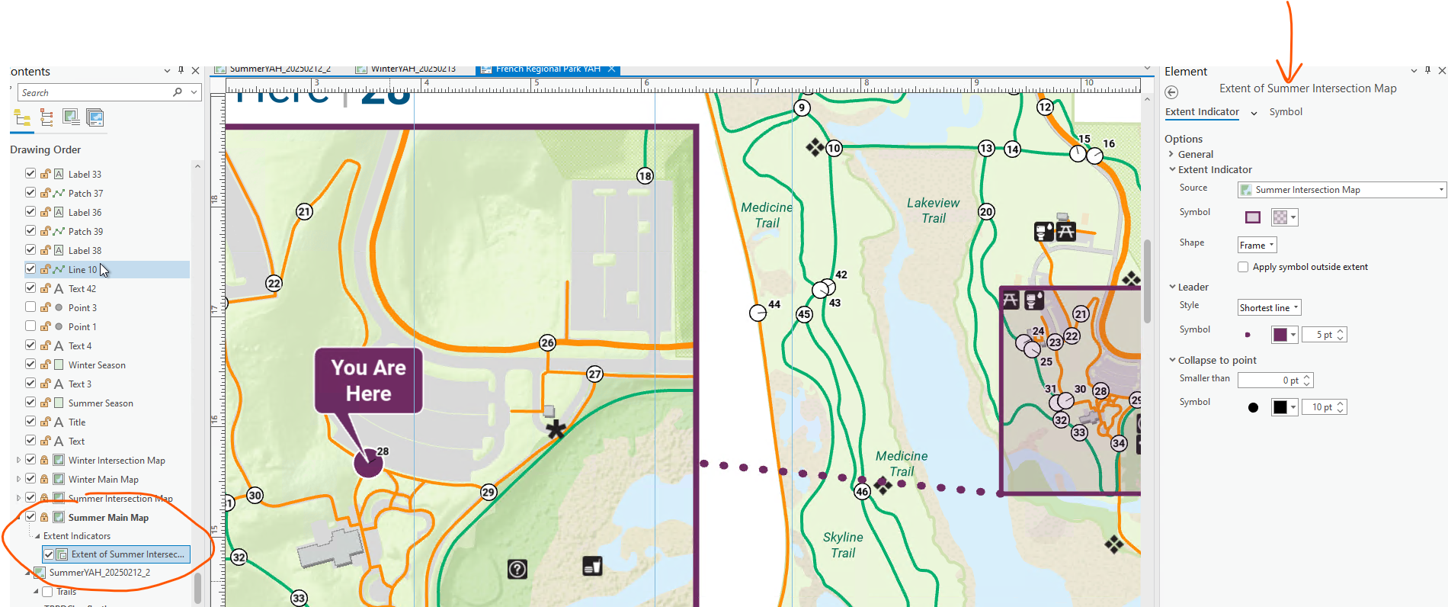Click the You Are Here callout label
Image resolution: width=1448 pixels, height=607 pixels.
tap(369, 381)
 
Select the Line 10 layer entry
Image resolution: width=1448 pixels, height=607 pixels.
tap(82, 270)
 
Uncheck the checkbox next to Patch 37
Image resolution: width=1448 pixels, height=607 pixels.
tap(30, 193)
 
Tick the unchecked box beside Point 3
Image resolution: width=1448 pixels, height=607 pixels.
tap(30, 307)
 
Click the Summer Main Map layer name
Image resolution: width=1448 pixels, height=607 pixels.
tap(108, 518)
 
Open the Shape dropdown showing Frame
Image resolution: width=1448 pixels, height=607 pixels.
tap(1257, 246)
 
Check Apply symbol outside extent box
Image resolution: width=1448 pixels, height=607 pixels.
tap(1243, 267)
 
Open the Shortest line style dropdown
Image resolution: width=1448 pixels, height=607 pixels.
tap(1269, 308)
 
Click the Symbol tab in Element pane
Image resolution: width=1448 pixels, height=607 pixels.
tap(1286, 112)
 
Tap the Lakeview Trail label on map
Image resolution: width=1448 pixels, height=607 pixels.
tap(933, 210)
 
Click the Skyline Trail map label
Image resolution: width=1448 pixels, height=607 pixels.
tap(843, 545)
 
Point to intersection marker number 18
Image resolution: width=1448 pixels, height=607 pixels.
tap(645, 176)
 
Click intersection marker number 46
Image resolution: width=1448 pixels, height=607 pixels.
tap(862, 492)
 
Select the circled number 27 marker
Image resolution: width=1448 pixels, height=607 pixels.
tap(594, 374)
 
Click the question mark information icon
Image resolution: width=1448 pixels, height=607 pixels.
tap(517, 569)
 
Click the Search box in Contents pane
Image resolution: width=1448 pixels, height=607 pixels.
tap(95, 92)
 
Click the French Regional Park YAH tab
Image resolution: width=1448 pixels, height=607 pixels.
tap(547, 69)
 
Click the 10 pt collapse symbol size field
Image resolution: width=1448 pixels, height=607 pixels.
tap(1320, 408)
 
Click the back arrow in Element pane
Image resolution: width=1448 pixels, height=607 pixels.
tap(1171, 92)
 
